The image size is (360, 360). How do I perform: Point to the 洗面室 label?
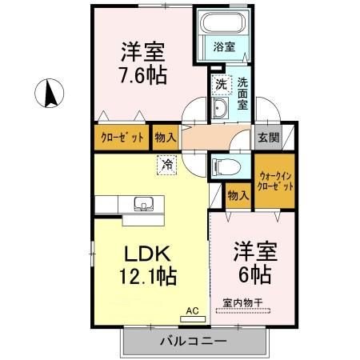click(x=244, y=93)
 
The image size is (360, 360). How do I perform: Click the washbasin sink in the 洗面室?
click(x=221, y=109)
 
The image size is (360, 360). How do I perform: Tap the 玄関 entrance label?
click(x=265, y=137)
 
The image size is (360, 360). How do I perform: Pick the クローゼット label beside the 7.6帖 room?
click(x=122, y=138)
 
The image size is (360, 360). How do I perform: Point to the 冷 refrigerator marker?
click(x=166, y=165)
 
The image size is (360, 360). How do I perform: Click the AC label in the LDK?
click(x=192, y=310)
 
